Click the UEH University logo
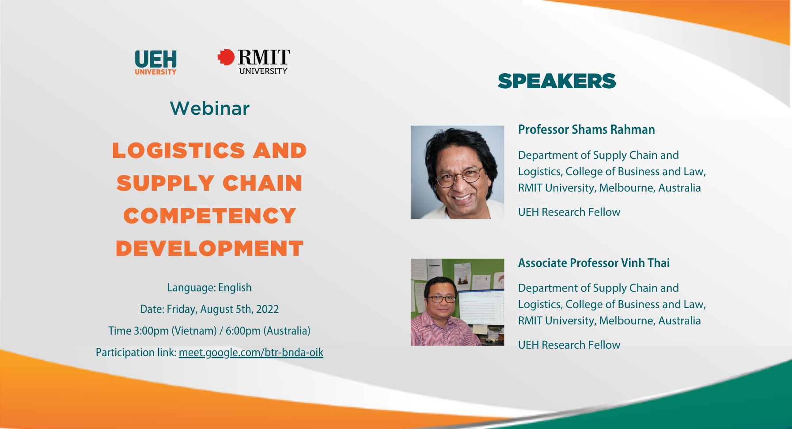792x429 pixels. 155,62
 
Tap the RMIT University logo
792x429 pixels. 254,61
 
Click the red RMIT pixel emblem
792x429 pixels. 226,57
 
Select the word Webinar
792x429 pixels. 210,109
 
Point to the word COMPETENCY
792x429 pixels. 210,216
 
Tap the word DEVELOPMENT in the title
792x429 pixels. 210,248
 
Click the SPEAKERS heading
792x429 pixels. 557,81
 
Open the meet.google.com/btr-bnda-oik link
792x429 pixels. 251,353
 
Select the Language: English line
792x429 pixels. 209,288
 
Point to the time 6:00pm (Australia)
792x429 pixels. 268,331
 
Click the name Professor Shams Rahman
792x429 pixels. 586,130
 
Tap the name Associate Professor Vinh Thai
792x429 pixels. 594,263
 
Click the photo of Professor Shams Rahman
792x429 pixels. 457,172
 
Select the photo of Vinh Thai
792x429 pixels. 457,302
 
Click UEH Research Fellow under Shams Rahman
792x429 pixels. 569,212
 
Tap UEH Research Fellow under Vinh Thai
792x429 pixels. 569,345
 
